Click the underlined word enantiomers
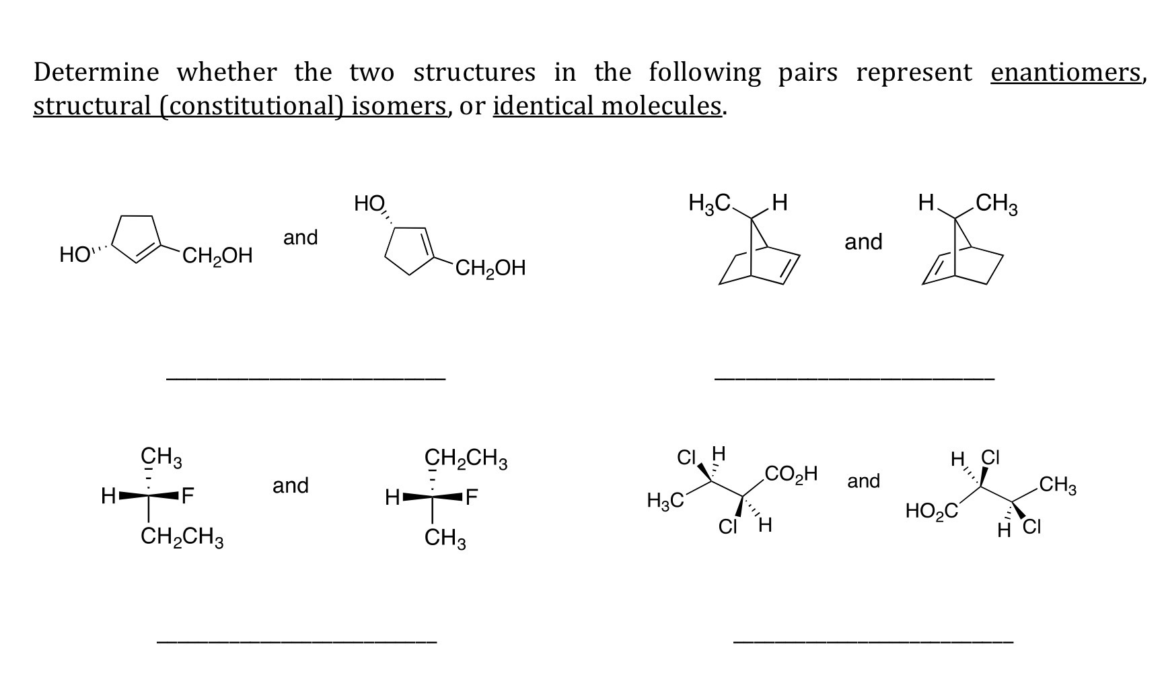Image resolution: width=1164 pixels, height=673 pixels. (1066, 73)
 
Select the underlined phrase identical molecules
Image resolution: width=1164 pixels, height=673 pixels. (608, 106)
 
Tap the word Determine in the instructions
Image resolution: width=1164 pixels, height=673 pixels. (97, 73)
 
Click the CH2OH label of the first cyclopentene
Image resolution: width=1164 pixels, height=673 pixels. (217, 256)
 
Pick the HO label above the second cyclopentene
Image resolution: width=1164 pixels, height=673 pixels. (369, 203)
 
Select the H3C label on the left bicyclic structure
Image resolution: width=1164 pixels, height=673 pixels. (710, 203)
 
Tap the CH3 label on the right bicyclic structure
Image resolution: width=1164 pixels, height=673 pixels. (997, 204)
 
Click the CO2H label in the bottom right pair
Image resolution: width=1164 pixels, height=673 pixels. (791, 474)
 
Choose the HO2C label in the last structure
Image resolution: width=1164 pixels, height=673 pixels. (931, 511)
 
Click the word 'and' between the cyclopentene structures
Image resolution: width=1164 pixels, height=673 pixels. (300, 238)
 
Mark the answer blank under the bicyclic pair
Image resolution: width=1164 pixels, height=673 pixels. (854, 380)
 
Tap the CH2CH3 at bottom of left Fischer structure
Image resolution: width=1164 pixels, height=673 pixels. (182, 538)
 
